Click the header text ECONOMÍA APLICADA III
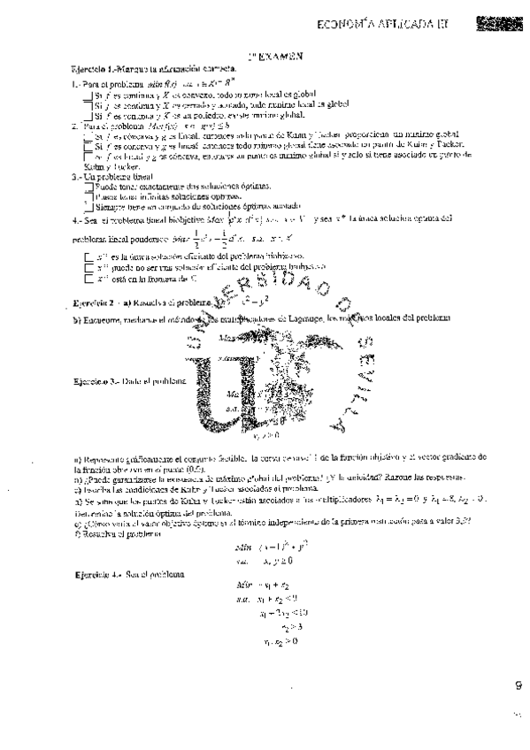coord(386,25)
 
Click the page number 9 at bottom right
coord(518,683)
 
